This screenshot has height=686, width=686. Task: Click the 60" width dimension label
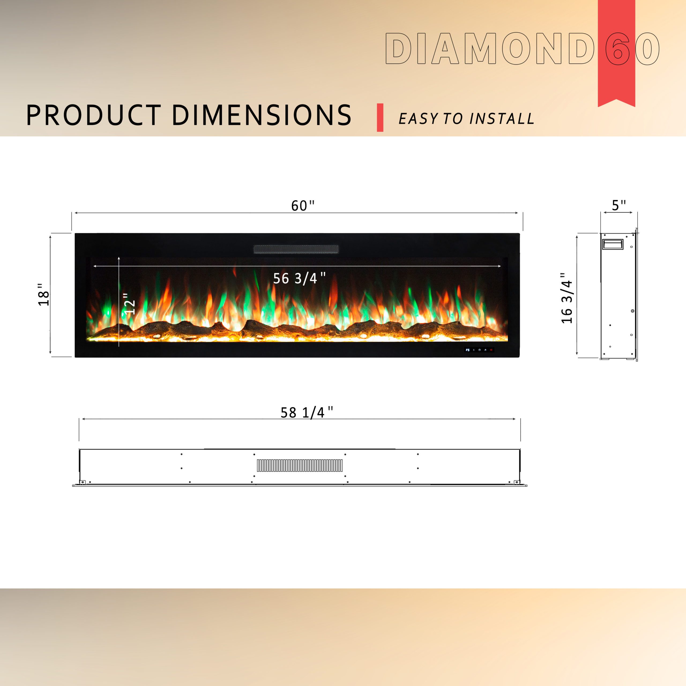coord(303,206)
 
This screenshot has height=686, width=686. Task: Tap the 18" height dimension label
coord(44,294)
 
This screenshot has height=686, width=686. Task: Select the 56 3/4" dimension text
coord(299,278)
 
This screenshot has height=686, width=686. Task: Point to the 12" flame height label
coord(129,304)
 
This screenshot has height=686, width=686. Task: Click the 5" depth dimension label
coord(618,205)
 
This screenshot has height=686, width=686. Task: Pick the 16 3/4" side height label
coord(567,298)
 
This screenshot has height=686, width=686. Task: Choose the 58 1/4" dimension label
coord(307,412)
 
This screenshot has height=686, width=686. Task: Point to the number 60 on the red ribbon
coord(632,49)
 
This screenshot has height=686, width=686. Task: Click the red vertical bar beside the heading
coord(380,118)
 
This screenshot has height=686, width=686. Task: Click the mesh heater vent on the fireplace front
coord(296,249)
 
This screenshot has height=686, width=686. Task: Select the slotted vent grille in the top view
coord(300,465)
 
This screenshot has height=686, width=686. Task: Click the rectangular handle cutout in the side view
coord(613,244)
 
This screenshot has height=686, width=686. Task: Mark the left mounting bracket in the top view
coord(82,482)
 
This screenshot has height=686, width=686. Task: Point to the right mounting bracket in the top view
coord(517,482)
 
